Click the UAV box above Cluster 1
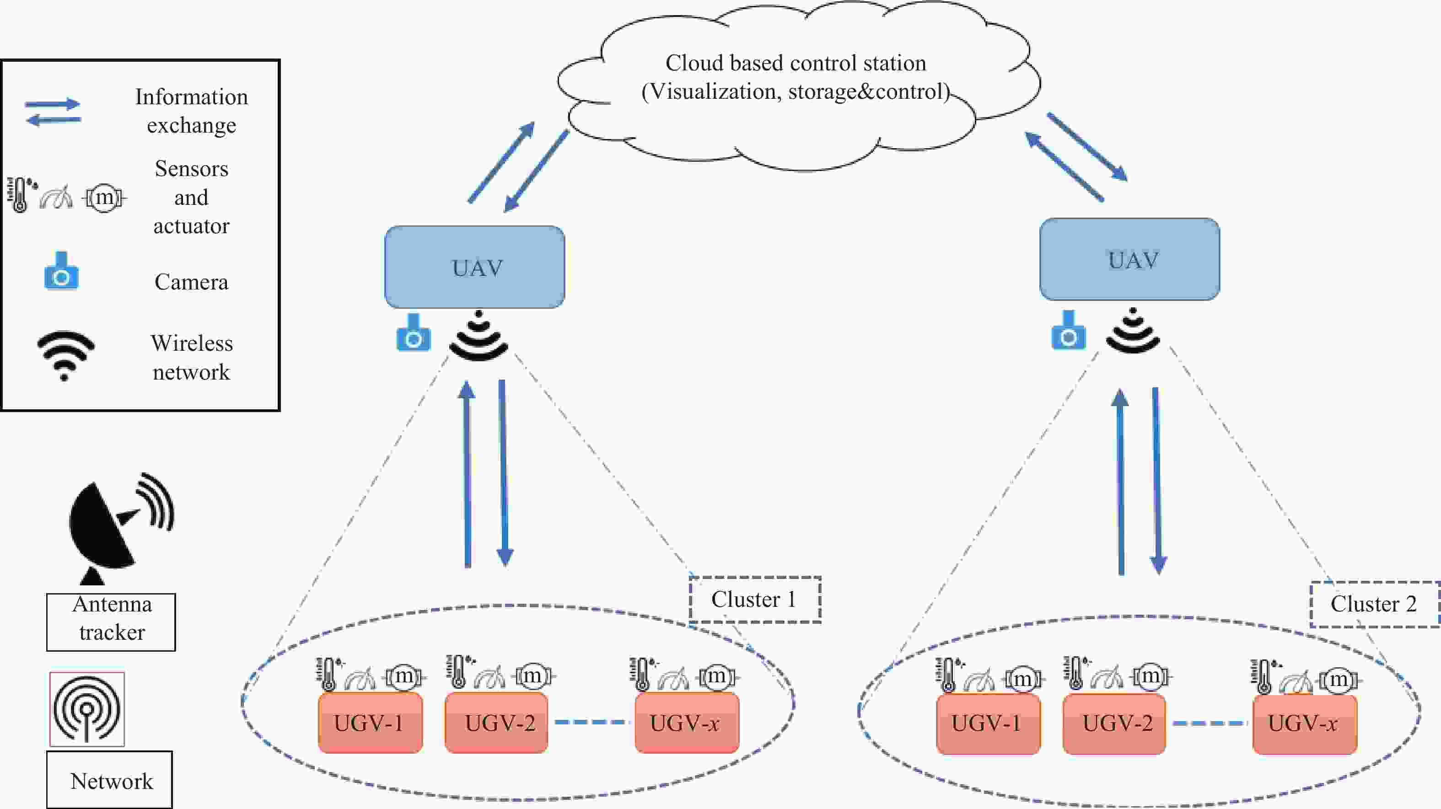[x=474, y=267]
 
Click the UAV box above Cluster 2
[x=1129, y=259]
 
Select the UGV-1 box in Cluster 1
[x=370, y=723]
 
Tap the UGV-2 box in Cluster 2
[x=1114, y=723]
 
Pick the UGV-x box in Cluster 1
[x=686, y=723]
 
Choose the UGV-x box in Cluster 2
[x=1305, y=724]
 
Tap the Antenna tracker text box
[x=111, y=621]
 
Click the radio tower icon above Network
[x=87, y=709]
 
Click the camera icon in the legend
[x=61, y=272]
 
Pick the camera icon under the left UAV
[x=414, y=333]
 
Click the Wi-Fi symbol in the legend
[x=65, y=354]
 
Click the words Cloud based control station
[x=795, y=63]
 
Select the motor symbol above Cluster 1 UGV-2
[x=532, y=676]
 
